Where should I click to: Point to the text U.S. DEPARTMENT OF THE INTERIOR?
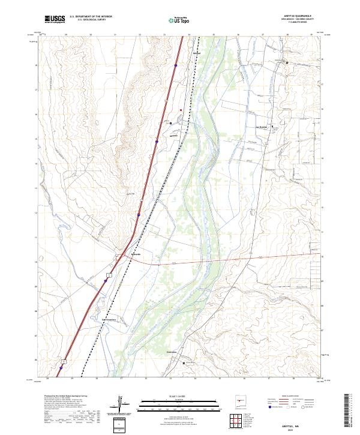point(91,17)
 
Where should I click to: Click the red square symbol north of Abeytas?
point(181,110)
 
